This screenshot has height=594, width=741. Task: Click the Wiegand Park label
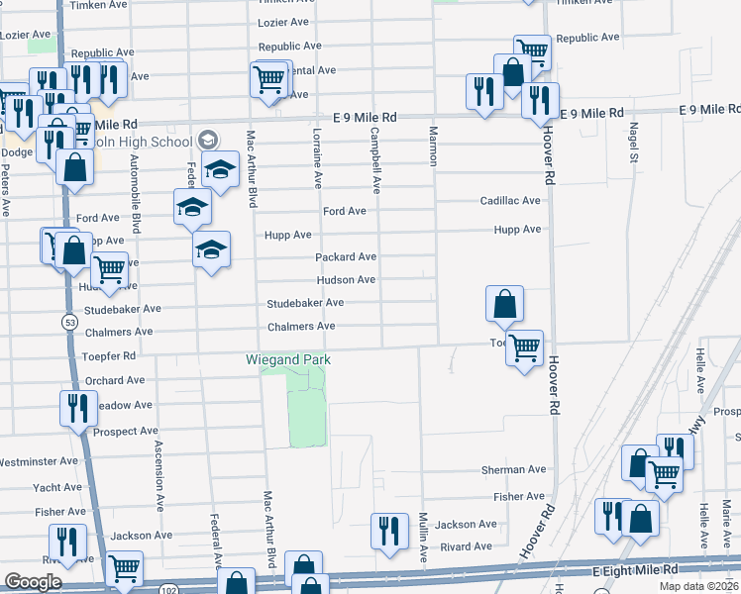(287, 359)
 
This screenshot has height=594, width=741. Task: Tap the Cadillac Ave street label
(510, 201)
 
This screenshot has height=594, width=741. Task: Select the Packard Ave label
(346, 257)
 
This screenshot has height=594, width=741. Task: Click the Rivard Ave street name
(466, 546)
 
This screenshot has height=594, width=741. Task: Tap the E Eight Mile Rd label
(635, 570)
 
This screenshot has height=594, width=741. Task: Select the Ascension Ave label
(158, 476)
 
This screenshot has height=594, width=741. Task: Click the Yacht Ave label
(57, 488)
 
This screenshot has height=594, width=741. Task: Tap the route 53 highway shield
(68, 322)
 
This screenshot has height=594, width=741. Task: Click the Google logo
(33, 582)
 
